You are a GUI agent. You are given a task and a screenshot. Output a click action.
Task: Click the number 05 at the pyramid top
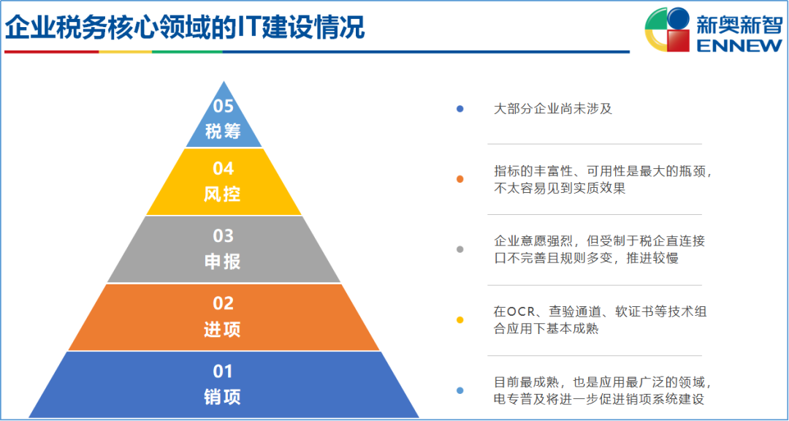(224, 107)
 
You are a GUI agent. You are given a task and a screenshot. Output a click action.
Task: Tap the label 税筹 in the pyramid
(224, 132)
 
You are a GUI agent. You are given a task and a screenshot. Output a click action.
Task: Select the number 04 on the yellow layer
(223, 169)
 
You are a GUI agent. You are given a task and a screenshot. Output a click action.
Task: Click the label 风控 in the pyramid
(223, 194)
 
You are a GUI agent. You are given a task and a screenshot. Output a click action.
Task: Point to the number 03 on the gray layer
(223, 235)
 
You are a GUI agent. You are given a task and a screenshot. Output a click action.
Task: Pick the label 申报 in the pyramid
(223, 262)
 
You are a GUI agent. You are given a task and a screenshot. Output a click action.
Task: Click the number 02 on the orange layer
(223, 303)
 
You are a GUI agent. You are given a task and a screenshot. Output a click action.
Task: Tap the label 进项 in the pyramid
(223, 330)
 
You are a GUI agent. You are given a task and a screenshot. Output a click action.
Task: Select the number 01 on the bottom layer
(223, 371)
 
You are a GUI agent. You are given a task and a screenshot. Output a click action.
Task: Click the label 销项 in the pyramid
(223, 397)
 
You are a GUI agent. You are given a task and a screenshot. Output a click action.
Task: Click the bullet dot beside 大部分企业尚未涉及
(460, 109)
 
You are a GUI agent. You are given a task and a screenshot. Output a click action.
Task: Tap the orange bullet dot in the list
(460, 179)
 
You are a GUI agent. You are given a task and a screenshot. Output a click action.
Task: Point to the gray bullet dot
(460, 249)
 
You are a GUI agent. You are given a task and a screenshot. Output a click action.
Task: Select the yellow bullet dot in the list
(460, 320)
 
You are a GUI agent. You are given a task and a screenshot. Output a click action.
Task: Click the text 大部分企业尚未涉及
(553, 109)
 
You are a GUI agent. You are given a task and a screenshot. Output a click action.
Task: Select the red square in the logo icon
(677, 40)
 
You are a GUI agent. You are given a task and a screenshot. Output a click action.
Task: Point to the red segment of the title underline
(51, 51)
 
